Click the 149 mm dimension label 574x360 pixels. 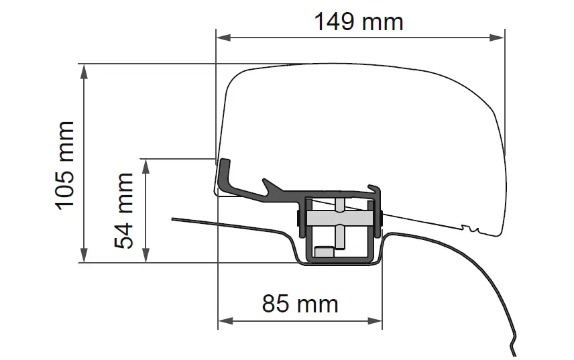tap(359, 21)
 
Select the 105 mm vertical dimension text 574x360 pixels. tap(66, 164)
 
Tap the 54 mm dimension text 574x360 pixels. tap(123, 211)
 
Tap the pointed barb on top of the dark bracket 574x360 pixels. tap(268, 182)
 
